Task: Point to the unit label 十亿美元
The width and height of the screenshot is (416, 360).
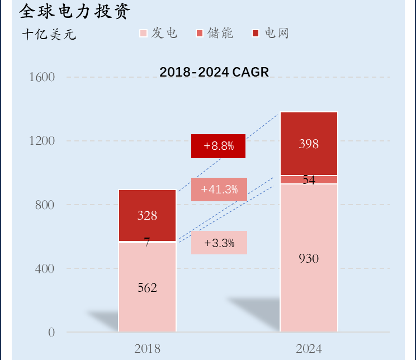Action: [49, 35]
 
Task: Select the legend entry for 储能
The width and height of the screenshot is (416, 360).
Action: [215, 34]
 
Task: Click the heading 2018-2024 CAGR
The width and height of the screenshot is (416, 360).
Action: [214, 72]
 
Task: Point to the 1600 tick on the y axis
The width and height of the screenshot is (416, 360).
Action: [42, 77]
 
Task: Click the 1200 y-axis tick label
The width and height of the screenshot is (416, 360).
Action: [42, 141]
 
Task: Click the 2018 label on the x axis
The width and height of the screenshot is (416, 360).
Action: [147, 349]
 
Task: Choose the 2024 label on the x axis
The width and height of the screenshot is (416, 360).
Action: [309, 349]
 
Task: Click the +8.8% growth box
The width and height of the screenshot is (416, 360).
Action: [218, 146]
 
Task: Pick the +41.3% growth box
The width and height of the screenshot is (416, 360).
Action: [219, 190]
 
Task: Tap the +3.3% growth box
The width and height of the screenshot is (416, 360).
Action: [219, 243]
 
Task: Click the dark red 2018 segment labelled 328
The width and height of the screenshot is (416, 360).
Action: [147, 216]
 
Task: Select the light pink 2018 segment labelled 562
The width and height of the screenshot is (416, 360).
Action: [147, 287]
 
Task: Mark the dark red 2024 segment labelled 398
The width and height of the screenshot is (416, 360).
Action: [309, 144]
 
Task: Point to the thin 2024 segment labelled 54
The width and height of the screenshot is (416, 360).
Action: [309, 180]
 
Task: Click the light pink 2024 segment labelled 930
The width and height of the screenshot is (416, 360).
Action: [309, 258]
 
